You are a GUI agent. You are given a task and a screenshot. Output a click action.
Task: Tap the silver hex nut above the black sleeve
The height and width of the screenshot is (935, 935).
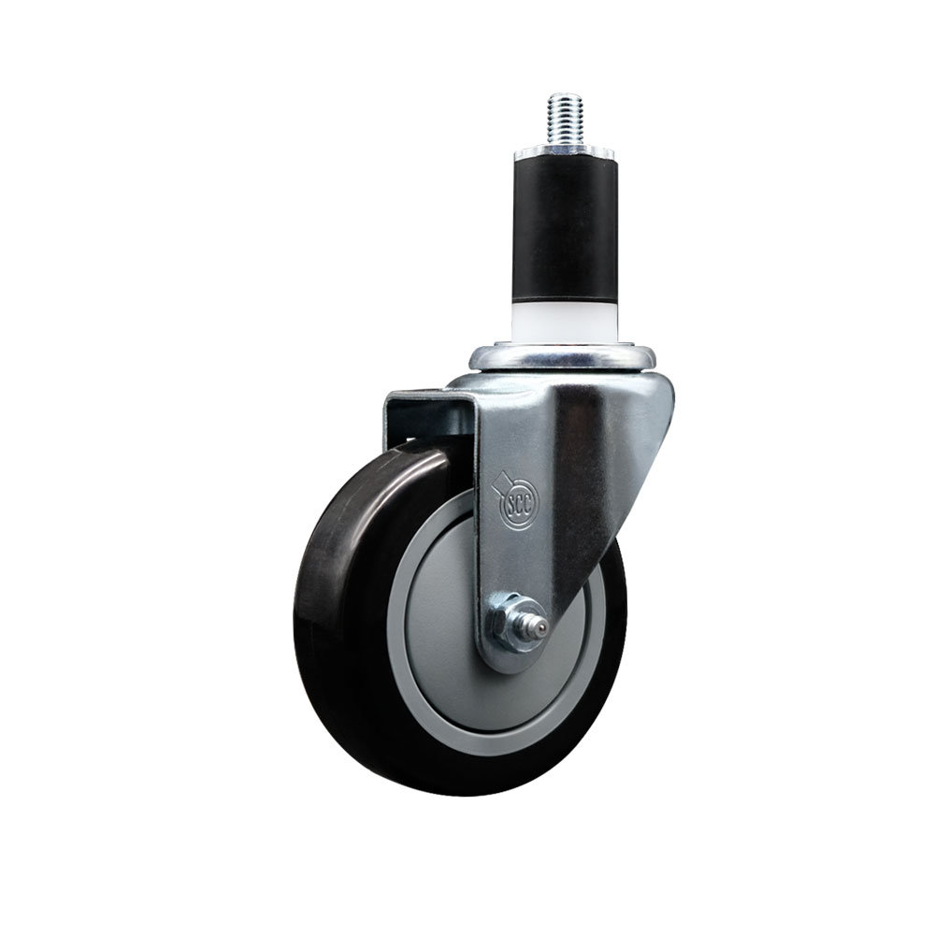(562, 150)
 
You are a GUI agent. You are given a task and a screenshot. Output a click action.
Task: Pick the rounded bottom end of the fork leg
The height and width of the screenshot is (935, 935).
(511, 654)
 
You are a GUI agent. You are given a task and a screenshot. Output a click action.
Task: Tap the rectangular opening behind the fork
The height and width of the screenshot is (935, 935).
(430, 421)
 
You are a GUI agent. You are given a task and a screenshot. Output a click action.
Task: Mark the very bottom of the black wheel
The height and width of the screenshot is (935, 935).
(458, 793)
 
